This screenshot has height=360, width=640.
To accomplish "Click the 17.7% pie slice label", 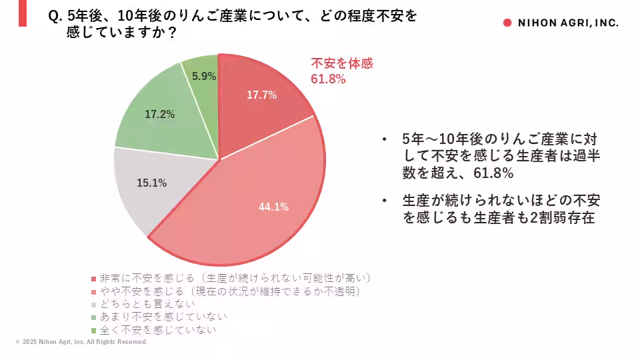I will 261,95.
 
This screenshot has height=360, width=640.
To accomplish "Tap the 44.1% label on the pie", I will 273,207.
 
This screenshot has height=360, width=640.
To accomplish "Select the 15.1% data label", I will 151,183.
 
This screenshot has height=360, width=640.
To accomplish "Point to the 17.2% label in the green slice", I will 159,115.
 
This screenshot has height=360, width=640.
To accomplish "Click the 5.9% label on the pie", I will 204,77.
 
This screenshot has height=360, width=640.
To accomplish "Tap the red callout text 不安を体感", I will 342,64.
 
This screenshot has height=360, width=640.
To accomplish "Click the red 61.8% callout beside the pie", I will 328,79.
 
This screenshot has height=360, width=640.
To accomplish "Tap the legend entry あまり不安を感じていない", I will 163,317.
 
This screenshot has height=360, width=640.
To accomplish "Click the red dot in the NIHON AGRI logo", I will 507,23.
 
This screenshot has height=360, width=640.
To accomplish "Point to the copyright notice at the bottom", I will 81,342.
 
